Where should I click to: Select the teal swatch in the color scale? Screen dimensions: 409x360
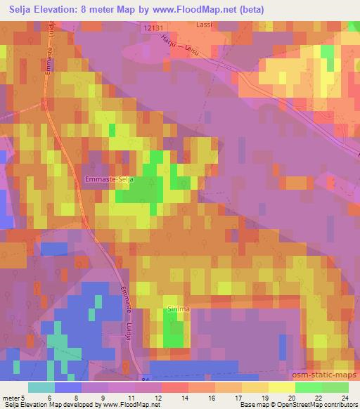41,387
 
